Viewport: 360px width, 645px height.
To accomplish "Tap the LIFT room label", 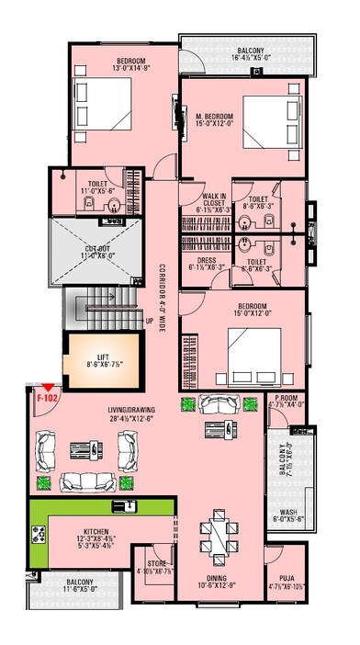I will [x=102, y=358].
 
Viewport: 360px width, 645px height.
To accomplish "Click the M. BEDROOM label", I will [x=215, y=117].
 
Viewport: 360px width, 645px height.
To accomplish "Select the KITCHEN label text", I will [x=96, y=532].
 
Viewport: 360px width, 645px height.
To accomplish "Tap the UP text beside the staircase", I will [x=149, y=322].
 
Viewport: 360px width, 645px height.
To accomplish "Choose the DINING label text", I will [x=211, y=578].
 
